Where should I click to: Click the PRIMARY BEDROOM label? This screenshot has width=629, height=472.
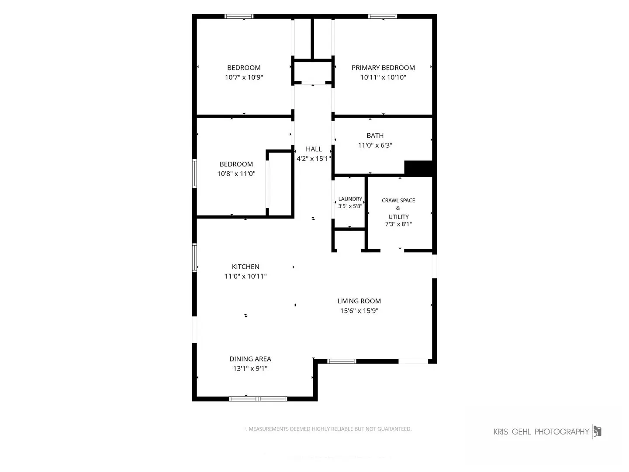click(383, 68)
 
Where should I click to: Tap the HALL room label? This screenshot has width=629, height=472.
click(314, 149)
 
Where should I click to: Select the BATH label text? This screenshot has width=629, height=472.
click(375, 135)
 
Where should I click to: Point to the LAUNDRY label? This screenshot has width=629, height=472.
click(350, 199)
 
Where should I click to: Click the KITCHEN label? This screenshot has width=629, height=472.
click(245, 267)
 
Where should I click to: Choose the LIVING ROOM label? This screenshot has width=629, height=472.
click(359, 301)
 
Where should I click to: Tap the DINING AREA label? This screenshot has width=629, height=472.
click(250, 359)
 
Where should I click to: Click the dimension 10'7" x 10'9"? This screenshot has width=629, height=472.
click(244, 77)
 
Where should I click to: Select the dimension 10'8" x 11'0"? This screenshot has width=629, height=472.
click(236, 174)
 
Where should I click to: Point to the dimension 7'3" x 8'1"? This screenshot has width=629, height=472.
click(398, 224)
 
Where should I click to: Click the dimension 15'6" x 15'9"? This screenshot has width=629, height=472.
click(359, 311)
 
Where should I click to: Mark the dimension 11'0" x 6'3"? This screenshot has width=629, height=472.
click(375, 145)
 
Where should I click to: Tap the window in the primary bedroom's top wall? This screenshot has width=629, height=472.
click(383, 16)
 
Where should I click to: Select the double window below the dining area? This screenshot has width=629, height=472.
click(258, 399)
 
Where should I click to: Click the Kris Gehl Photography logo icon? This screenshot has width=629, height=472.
click(597, 432)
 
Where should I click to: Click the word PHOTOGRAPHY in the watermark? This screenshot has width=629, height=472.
click(562, 432)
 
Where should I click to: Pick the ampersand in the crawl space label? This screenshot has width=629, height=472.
click(398, 208)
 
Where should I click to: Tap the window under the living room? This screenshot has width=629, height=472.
click(342, 361)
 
